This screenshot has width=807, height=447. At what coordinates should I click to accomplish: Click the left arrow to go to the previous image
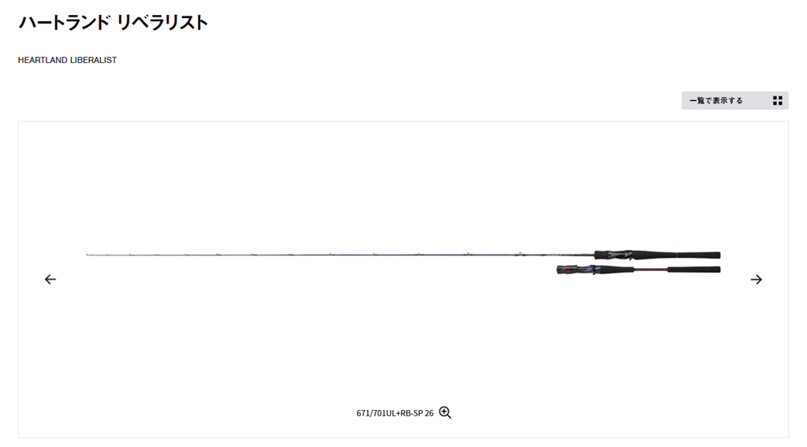point(50,279)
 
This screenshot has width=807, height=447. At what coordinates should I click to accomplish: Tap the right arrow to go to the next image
point(756,279)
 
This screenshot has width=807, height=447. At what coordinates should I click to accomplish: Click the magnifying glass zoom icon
point(445,412)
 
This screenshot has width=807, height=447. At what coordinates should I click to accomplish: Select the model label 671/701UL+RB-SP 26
point(395,413)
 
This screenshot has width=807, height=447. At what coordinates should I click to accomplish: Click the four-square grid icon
point(777,100)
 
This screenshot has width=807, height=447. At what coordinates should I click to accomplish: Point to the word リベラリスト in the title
point(162,22)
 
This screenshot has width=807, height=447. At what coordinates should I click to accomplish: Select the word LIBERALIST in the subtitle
point(93,60)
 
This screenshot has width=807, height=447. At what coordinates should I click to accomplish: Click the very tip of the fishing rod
point(87,255)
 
